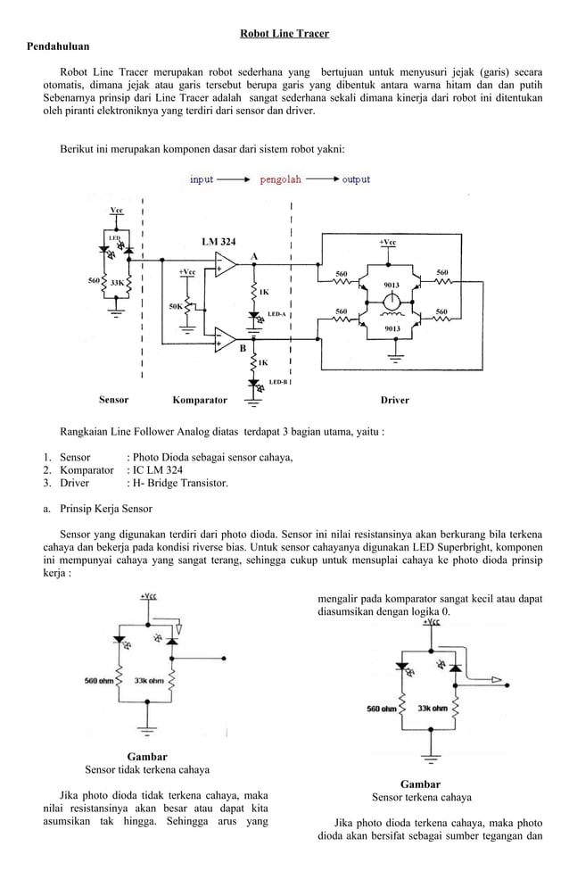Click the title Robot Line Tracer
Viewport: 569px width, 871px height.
pyautogui.click(x=284, y=34)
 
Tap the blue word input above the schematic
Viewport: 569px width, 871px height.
pyautogui.click(x=202, y=179)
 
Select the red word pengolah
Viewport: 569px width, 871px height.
pyautogui.click(x=281, y=179)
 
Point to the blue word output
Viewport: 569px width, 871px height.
pyautogui.click(x=356, y=179)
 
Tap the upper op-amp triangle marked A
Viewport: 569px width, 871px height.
pyautogui.click(x=225, y=265)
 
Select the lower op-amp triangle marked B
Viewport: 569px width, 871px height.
pyautogui.click(x=225, y=340)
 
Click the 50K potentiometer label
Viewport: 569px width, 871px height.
pyautogui.click(x=176, y=307)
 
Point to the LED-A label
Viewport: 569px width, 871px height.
pyautogui.click(x=276, y=315)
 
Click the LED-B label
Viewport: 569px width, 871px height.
pyautogui.click(x=277, y=382)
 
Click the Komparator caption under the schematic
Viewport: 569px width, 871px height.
pyautogui.click(x=199, y=401)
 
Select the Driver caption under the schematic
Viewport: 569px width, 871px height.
pyautogui.click(x=394, y=401)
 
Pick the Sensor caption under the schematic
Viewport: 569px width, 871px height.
pyautogui.click(x=113, y=400)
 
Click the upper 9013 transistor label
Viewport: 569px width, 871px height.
pyautogui.click(x=390, y=285)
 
